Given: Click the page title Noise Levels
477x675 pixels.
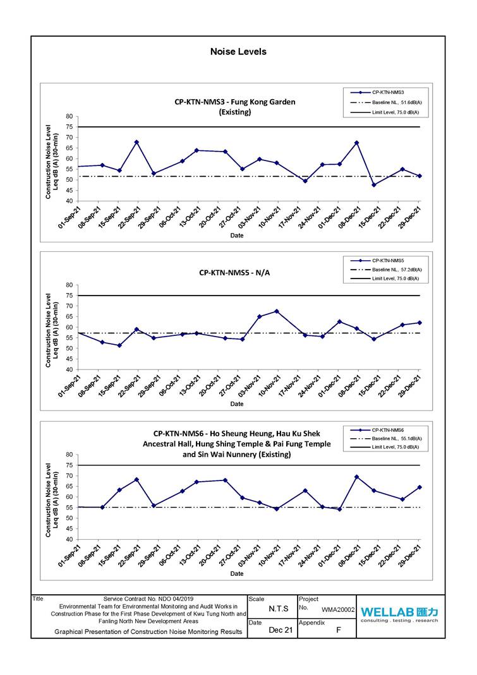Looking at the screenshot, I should [238, 52].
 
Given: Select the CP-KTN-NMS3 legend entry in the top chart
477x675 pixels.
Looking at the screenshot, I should [387, 92].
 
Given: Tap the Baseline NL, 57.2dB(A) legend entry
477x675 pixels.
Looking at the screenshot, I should [396, 270].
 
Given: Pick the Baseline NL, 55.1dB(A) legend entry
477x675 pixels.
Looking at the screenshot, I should [396, 438].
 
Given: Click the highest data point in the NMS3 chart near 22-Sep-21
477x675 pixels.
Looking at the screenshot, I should [136, 142].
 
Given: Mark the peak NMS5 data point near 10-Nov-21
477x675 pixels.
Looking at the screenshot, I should [277, 311].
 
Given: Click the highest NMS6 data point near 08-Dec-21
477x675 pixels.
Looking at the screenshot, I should [357, 477].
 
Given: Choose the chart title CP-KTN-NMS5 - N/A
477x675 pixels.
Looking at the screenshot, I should [234, 273].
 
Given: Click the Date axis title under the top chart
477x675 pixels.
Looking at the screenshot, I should [236, 236].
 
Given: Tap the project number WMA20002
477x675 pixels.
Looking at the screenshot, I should [338, 611].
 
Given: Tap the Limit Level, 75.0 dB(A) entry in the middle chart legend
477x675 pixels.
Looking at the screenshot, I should [396, 278].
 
